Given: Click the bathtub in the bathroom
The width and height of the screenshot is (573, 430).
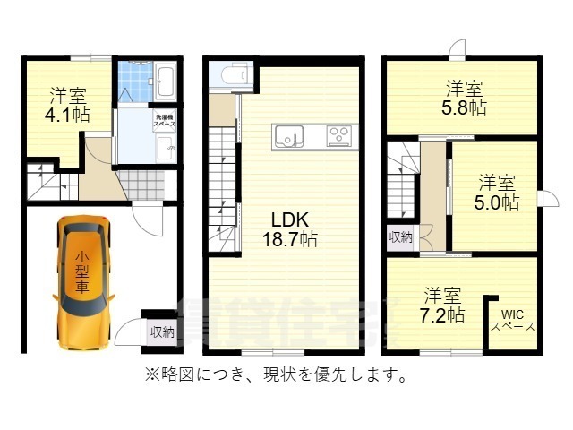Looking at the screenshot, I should (x=166, y=82).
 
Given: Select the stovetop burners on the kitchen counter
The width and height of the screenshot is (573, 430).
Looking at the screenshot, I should (x=339, y=136).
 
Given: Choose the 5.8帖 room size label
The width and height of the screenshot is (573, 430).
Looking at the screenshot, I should (x=466, y=107).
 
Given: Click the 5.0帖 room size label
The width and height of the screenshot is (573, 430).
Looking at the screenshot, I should (x=496, y=202).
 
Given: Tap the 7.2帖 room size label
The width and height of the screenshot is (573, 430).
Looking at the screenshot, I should (x=443, y=315).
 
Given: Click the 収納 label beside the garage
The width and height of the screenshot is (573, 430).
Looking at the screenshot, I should (x=162, y=331).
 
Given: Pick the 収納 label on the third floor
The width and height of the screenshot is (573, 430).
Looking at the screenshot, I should (x=400, y=237).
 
